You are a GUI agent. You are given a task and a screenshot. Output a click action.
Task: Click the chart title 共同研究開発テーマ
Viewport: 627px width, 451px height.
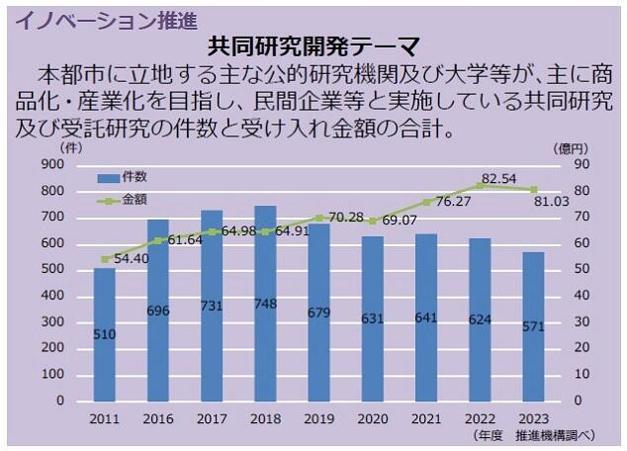[x=313, y=46]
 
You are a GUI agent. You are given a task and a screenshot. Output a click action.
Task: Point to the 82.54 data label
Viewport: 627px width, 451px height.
[x=500, y=177]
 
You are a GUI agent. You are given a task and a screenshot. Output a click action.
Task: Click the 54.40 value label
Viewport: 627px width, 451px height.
[x=134, y=258]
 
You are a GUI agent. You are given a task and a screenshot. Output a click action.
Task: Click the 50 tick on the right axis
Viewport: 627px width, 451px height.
[x=581, y=270]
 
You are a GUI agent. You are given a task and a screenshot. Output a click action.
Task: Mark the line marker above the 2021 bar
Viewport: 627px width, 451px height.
[x=427, y=202]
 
